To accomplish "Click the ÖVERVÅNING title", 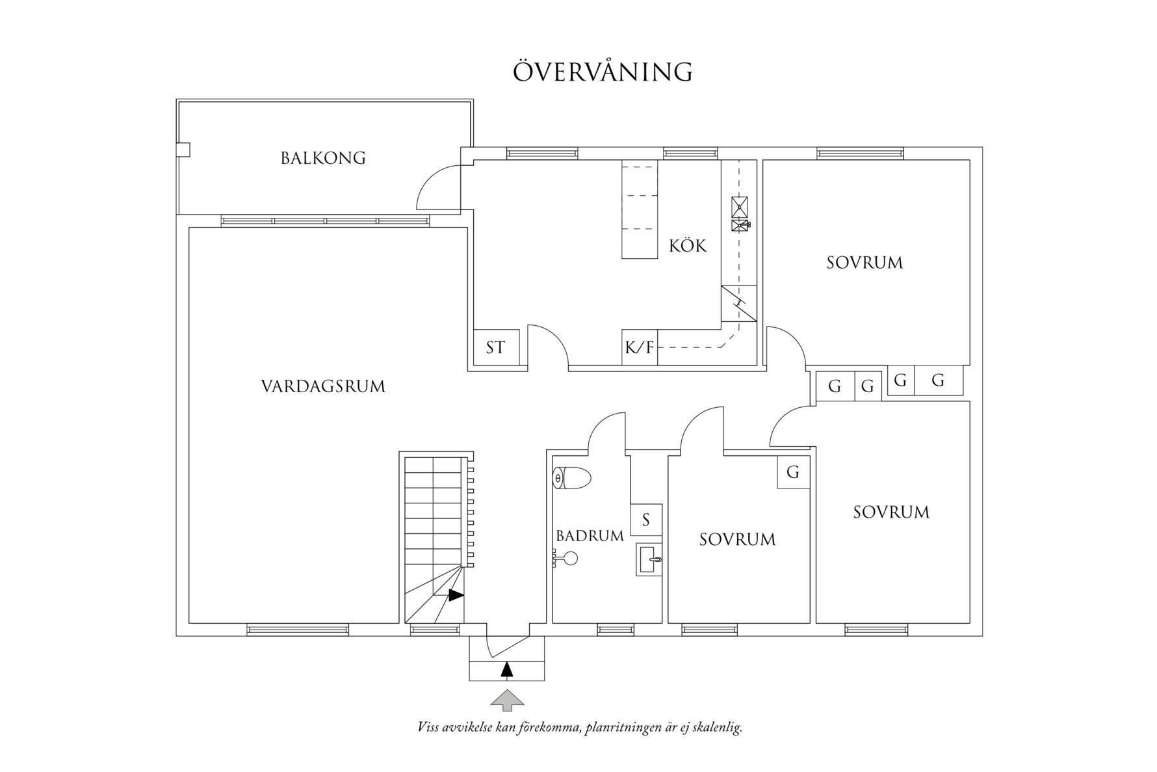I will click(603, 72).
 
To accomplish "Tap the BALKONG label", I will click(323, 158).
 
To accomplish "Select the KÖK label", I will click(687, 246).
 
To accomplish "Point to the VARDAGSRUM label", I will click(323, 386).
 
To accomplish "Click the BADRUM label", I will click(590, 536).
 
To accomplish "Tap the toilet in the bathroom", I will click(571, 479).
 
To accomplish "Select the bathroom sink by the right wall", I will click(649, 559).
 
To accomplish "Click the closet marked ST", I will click(495, 347).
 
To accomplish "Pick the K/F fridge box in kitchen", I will click(640, 347).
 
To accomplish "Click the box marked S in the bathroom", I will click(646, 520).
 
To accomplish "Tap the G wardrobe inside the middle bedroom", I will click(793, 472).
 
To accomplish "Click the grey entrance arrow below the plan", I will click(507, 701).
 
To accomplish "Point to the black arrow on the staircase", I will click(456, 594).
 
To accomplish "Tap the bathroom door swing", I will click(606, 431).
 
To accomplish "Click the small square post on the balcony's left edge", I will click(183, 150).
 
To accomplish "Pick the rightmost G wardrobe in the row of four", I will click(938, 380).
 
